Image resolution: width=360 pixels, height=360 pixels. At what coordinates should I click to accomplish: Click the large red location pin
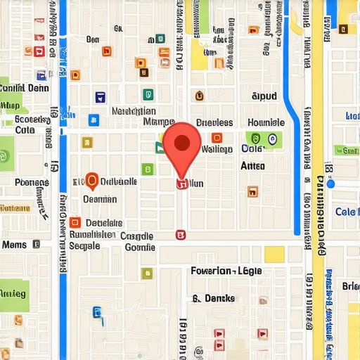coord(182,144)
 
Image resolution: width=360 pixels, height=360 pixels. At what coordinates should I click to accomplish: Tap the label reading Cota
coord(25,130)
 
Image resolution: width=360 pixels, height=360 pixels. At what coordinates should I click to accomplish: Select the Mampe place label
coord(158,122)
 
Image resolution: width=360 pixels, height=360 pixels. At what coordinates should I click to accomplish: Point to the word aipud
coord(264,95)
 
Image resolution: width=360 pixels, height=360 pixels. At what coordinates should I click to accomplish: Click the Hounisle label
coord(266,122)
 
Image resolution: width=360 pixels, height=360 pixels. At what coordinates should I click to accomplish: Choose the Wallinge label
coord(217,148)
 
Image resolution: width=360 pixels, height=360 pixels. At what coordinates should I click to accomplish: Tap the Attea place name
coord(252,166)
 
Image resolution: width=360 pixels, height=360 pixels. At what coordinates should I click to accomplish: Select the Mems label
coord(14,245)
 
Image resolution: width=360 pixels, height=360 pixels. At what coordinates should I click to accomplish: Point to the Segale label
coord(84,246)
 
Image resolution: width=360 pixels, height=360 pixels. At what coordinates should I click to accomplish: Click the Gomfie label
coord(139,247)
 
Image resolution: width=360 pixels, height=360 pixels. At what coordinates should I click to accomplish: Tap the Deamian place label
coord(99,199)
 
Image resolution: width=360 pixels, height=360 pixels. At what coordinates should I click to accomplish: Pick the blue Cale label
coord(347,212)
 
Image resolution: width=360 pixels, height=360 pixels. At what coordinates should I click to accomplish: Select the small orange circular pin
coord(90,181)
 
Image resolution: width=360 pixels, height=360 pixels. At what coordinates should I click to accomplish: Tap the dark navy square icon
coord(100,97)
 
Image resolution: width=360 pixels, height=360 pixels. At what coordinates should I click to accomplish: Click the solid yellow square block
coord(274,254)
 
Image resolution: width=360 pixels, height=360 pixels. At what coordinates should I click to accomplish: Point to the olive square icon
coord(146,274)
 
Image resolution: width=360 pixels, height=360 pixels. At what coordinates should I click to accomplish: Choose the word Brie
coord(350,286)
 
